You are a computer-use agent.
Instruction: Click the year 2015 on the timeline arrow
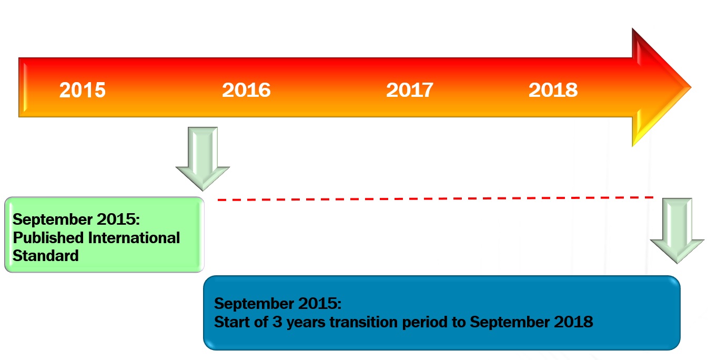[83, 90]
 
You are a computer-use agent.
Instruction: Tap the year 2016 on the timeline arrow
[246, 90]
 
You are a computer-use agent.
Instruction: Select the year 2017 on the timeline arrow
[410, 90]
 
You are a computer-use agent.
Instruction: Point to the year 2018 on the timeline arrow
[553, 90]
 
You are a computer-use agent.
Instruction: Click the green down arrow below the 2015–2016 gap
[203, 157]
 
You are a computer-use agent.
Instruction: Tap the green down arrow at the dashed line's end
[677, 229]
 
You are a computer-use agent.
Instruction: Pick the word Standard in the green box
[46, 256]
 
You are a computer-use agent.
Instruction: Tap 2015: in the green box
[119, 219]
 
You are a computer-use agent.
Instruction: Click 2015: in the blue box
[320, 304]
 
